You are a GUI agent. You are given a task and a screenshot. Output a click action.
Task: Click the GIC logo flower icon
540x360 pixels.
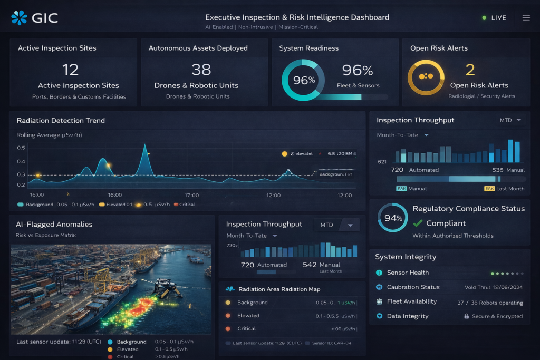tap(19, 18)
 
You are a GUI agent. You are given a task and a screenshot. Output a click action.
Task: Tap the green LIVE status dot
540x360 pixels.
tap(484, 18)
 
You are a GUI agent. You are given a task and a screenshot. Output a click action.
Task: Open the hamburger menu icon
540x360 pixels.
tap(526, 18)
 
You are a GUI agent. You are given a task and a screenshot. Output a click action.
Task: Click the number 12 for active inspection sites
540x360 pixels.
tap(70, 69)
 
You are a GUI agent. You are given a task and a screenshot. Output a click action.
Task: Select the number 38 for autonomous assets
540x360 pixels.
tap(201, 69)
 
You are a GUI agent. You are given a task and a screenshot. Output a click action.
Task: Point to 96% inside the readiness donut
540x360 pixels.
tap(304, 80)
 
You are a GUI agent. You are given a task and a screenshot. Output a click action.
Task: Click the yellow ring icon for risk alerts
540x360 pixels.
tap(426, 77)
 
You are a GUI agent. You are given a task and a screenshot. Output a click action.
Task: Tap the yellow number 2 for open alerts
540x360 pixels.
tap(470, 69)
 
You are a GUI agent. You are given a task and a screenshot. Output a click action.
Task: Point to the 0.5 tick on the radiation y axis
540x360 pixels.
tap(21, 148)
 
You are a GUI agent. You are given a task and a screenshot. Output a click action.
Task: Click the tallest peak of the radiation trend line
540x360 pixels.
tap(144, 146)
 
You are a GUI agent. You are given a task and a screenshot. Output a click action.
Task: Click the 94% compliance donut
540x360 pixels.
tap(393, 218)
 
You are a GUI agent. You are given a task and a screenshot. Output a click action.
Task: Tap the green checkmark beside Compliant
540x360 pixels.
tap(418, 223)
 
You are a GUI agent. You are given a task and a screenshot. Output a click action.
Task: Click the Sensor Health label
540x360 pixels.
tap(408, 273)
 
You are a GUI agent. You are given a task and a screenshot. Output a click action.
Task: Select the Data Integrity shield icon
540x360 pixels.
tap(379, 316)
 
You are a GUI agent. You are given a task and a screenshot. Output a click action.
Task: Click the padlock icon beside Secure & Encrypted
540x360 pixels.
tap(467, 316)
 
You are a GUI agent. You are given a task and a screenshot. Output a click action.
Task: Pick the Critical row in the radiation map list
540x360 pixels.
tap(246, 328)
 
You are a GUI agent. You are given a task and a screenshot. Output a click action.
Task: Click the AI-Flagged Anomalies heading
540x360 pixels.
tap(54, 224)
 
